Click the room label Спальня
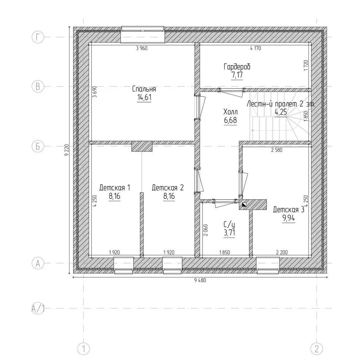144,89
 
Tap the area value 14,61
144,97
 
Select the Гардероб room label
237,67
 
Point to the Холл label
230,112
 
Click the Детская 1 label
115,188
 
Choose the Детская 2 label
168,188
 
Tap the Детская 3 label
288,210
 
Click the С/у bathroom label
229,224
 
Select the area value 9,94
288,218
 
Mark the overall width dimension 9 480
200,280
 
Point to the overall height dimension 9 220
67,150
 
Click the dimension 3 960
142,48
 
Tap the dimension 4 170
255,48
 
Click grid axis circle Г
38,37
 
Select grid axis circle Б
38,147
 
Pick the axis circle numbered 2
316,349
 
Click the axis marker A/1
38,308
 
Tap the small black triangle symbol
244,205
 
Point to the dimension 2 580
277,150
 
